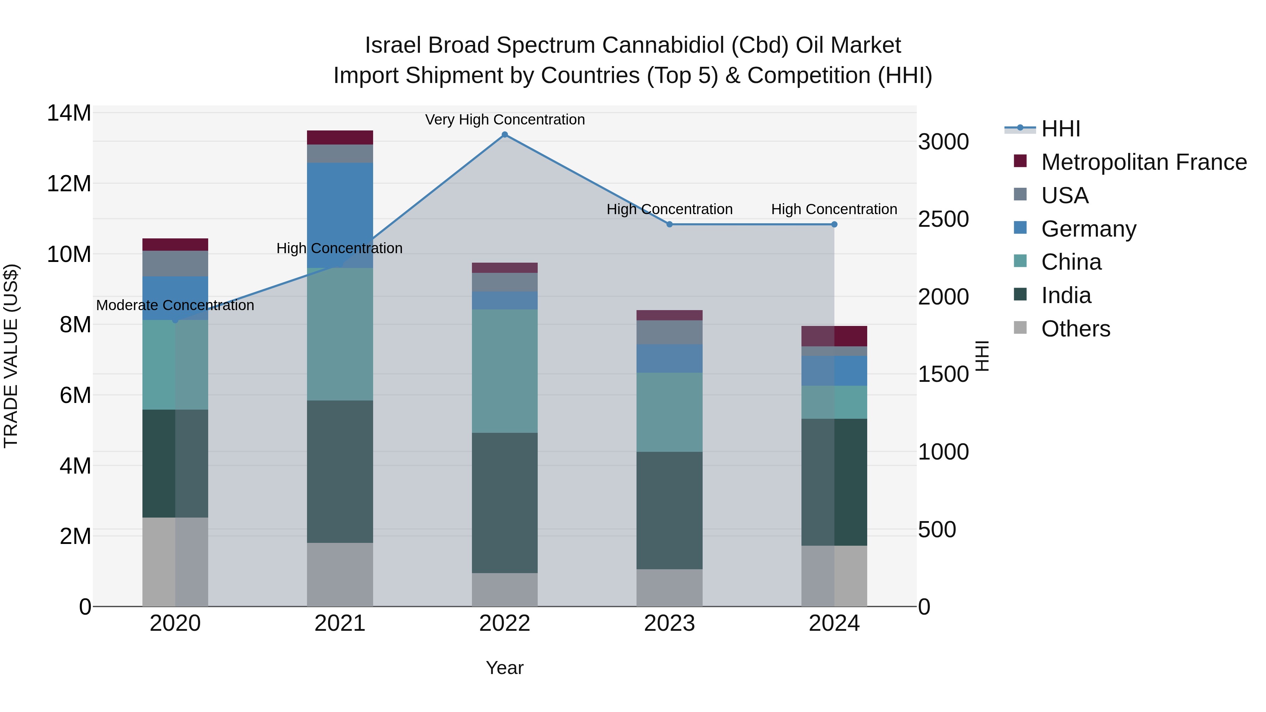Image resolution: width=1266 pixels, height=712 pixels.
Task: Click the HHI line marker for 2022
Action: (x=505, y=135)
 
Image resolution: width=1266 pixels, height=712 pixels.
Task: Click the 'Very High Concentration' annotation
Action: (x=505, y=120)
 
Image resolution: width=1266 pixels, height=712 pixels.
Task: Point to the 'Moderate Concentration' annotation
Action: (x=175, y=306)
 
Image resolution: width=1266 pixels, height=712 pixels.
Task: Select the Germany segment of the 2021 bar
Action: (x=340, y=215)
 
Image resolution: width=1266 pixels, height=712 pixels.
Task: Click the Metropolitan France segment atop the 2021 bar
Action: (x=340, y=137)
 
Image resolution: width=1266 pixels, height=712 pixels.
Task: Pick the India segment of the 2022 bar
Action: (x=505, y=503)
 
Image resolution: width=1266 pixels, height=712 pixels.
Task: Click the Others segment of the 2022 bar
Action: (x=505, y=590)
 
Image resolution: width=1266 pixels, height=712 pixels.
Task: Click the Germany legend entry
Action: (x=1088, y=229)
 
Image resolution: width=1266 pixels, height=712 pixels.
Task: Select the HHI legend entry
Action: (x=1061, y=129)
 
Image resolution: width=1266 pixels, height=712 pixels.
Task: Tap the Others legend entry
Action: (x=1075, y=329)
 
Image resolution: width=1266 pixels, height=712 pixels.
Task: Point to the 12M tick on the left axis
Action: (x=69, y=184)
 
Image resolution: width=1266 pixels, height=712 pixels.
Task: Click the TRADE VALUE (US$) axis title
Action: (x=11, y=356)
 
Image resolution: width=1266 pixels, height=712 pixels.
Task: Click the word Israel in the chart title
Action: (x=393, y=45)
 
